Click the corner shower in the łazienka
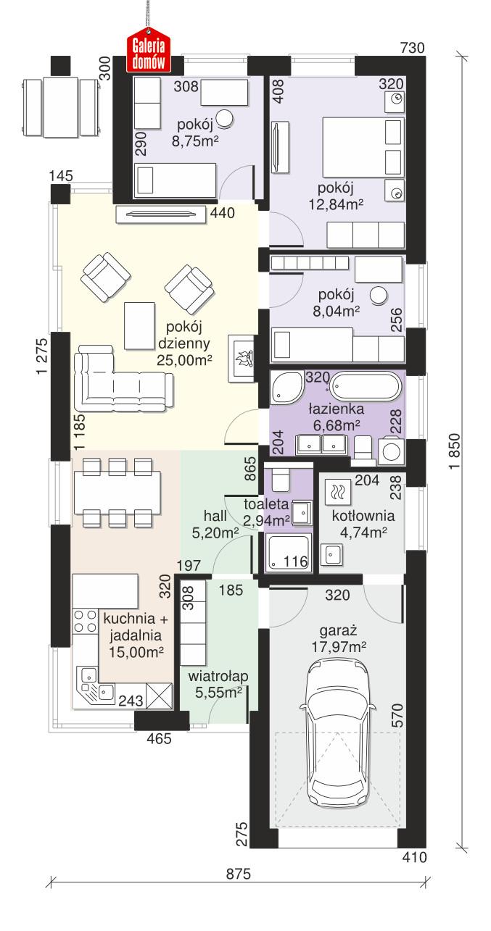[286, 389]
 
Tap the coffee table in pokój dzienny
[140, 325]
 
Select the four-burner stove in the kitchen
[86, 623]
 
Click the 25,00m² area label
[183, 358]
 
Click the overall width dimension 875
[237, 874]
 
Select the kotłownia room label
[363, 517]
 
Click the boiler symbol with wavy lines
[337, 493]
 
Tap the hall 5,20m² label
[216, 525]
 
